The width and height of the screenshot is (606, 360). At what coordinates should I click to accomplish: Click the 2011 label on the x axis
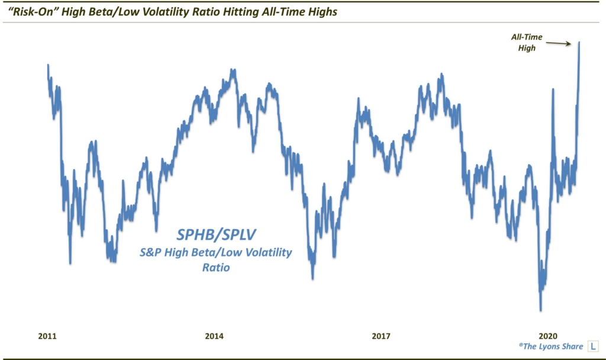pos(47,336)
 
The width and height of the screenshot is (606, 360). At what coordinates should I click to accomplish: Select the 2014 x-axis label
pos(214,336)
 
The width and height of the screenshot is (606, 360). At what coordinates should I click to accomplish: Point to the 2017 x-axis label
pos(381,336)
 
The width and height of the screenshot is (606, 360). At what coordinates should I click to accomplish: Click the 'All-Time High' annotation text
pos(523,43)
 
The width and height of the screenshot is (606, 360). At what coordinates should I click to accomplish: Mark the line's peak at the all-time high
pos(579,42)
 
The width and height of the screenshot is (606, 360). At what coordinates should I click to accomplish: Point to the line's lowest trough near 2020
pos(540,310)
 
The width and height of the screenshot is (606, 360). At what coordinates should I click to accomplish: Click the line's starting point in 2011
pos(48,65)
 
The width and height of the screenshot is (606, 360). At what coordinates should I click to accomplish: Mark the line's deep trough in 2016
pos(312,278)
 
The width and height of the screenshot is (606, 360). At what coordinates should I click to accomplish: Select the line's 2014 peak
pos(234,70)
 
